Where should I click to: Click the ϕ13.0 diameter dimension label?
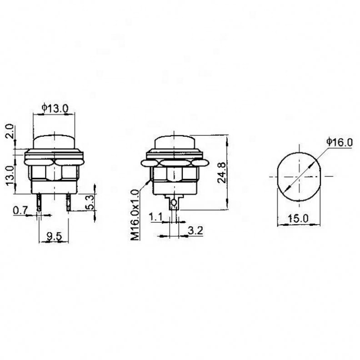tap(55, 108)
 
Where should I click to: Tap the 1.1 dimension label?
tap(155, 217)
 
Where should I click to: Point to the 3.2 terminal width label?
tap(195, 230)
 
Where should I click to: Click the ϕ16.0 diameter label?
tap(339, 142)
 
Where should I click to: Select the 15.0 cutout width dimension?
tap(298, 218)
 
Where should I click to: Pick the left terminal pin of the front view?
tap(40, 202)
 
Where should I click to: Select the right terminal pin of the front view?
tap(69, 202)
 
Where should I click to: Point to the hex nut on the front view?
tap(54, 172)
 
